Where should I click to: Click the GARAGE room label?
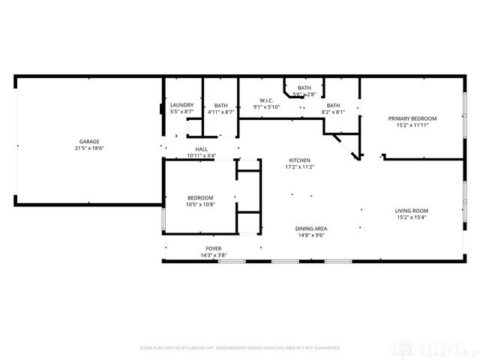tap(89, 142)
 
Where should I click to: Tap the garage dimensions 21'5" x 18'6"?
tap(89, 148)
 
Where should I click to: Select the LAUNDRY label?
tap(181, 105)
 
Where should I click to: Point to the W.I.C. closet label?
tap(266, 100)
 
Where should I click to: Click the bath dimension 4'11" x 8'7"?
tap(220, 112)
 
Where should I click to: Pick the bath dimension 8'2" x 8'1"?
tap(332, 112)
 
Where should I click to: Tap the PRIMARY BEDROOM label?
tap(412, 118)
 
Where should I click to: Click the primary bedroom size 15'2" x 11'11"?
tap(412, 125)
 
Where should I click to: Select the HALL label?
tap(201, 149)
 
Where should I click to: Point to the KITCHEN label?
tap(300, 160)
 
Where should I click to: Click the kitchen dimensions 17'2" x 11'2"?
tap(300, 167)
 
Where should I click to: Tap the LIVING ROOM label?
tap(412, 211)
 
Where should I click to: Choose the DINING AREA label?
tap(310, 229)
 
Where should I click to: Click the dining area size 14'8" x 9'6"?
tap(310, 235)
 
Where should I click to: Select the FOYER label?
tap(214, 249)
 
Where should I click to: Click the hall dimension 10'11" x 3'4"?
tap(201, 156)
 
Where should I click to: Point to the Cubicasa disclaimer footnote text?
tap(240, 348)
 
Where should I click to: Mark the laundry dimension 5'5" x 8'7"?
tap(181, 112)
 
